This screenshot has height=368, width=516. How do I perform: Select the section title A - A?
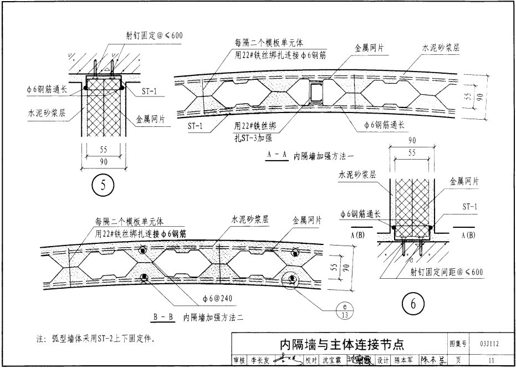coord(276,156)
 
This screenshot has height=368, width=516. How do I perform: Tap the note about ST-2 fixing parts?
coord(95,338)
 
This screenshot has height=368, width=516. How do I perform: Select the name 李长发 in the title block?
coord(259,361)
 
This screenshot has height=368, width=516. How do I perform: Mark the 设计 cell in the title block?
coord(383,361)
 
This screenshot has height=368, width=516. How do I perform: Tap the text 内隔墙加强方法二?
coord(213,318)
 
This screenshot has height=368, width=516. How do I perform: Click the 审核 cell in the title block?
coord(238,361)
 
